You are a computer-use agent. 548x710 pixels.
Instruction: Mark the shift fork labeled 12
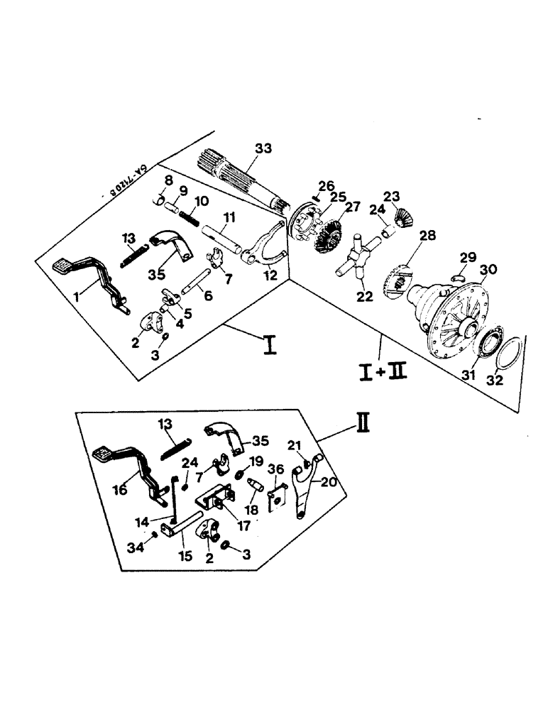[x=263, y=244]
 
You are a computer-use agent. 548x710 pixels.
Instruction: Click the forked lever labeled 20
[x=306, y=483]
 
